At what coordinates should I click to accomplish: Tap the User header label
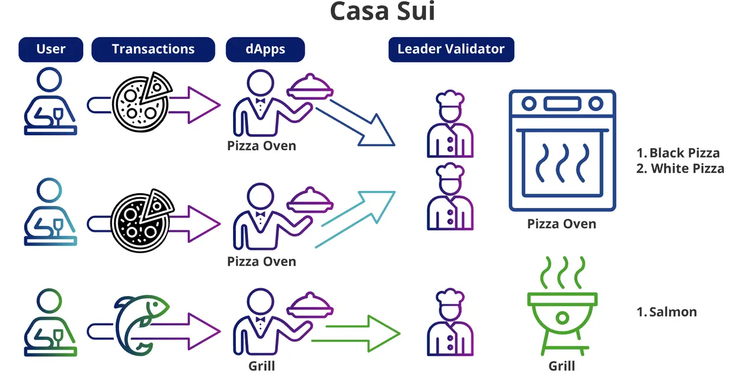tap(51, 49)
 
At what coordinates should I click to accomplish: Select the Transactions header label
tap(153, 49)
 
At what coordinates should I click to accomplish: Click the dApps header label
tap(265, 49)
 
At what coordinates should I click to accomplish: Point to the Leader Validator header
tap(451, 49)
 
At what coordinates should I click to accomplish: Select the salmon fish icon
tap(139, 322)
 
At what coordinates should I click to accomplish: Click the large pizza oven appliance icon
tap(562, 150)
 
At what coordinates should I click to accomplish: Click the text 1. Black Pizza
tap(678, 153)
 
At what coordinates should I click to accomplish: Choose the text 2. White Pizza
tap(680, 169)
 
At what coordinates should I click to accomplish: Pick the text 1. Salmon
tap(667, 312)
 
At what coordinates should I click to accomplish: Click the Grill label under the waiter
tap(261, 366)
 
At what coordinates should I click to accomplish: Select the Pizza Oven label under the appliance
tap(561, 224)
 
